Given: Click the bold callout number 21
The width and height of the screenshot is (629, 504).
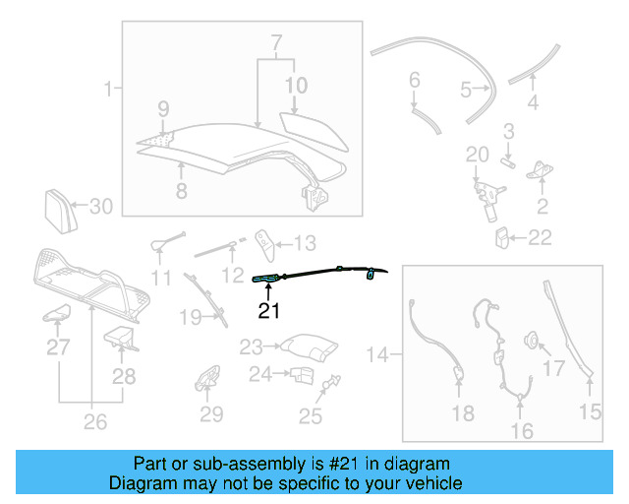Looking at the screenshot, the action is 269,312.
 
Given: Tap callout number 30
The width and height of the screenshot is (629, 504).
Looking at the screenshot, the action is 101,207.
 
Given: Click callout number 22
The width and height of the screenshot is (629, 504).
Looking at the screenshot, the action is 540,237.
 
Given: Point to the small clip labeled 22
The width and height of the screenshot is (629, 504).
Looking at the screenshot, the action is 502,237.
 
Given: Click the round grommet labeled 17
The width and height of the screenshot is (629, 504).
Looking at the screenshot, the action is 532,341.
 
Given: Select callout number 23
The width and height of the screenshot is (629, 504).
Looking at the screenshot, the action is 251,346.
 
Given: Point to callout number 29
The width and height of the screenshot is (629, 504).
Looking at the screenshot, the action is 211,414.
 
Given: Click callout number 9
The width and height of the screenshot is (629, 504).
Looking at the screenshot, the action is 163,108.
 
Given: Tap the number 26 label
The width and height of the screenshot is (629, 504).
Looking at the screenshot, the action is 93,424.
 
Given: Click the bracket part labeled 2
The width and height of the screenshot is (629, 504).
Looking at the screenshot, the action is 540,173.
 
